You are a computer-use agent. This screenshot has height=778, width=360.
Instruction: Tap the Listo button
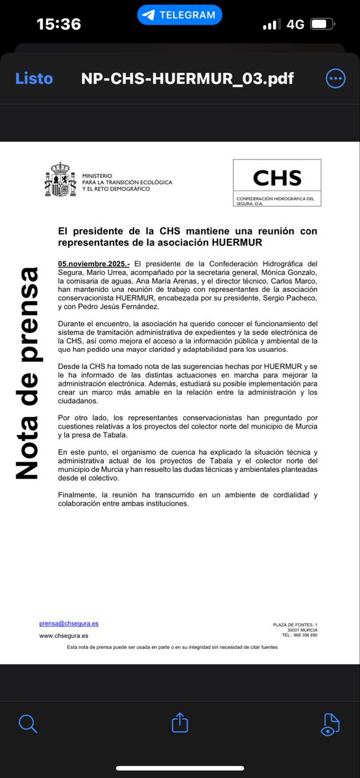pyautogui.click(x=34, y=79)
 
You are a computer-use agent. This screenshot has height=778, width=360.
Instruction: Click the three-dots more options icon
pyautogui.click(x=335, y=79)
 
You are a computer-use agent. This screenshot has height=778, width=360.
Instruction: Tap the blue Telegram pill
pyautogui.click(x=180, y=14)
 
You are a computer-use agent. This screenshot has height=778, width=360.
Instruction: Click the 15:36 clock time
pyautogui.click(x=59, y=25)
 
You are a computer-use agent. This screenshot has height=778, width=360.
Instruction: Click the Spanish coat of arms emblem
pyautogui.click(x=60, y=179)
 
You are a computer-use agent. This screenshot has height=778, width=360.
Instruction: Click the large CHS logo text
pyautogui.click(x=277, y=177)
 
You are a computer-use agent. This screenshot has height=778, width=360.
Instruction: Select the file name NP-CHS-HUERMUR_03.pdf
pyautogui.click(x=187, y=79)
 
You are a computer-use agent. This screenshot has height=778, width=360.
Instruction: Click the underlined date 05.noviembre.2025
pyautogui.click(x=93, y=263)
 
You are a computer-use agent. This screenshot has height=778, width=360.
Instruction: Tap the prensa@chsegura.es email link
pyautogui.click(x=69, y=624)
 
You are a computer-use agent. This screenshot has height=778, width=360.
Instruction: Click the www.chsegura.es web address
pyautogui.click(x=64, y=636)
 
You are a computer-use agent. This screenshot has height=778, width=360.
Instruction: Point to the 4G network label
pyautogui.click(x=295, y=25)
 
